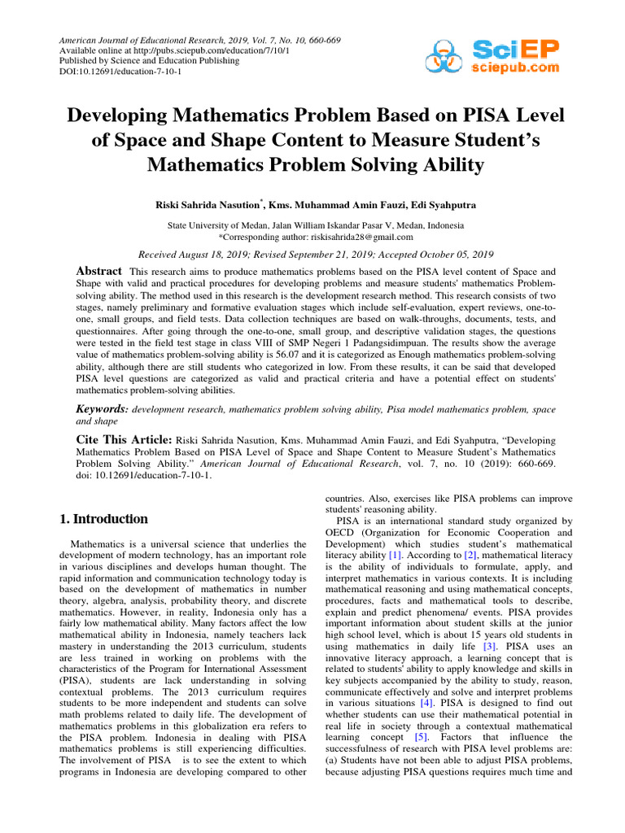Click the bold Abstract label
coord(98,271)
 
